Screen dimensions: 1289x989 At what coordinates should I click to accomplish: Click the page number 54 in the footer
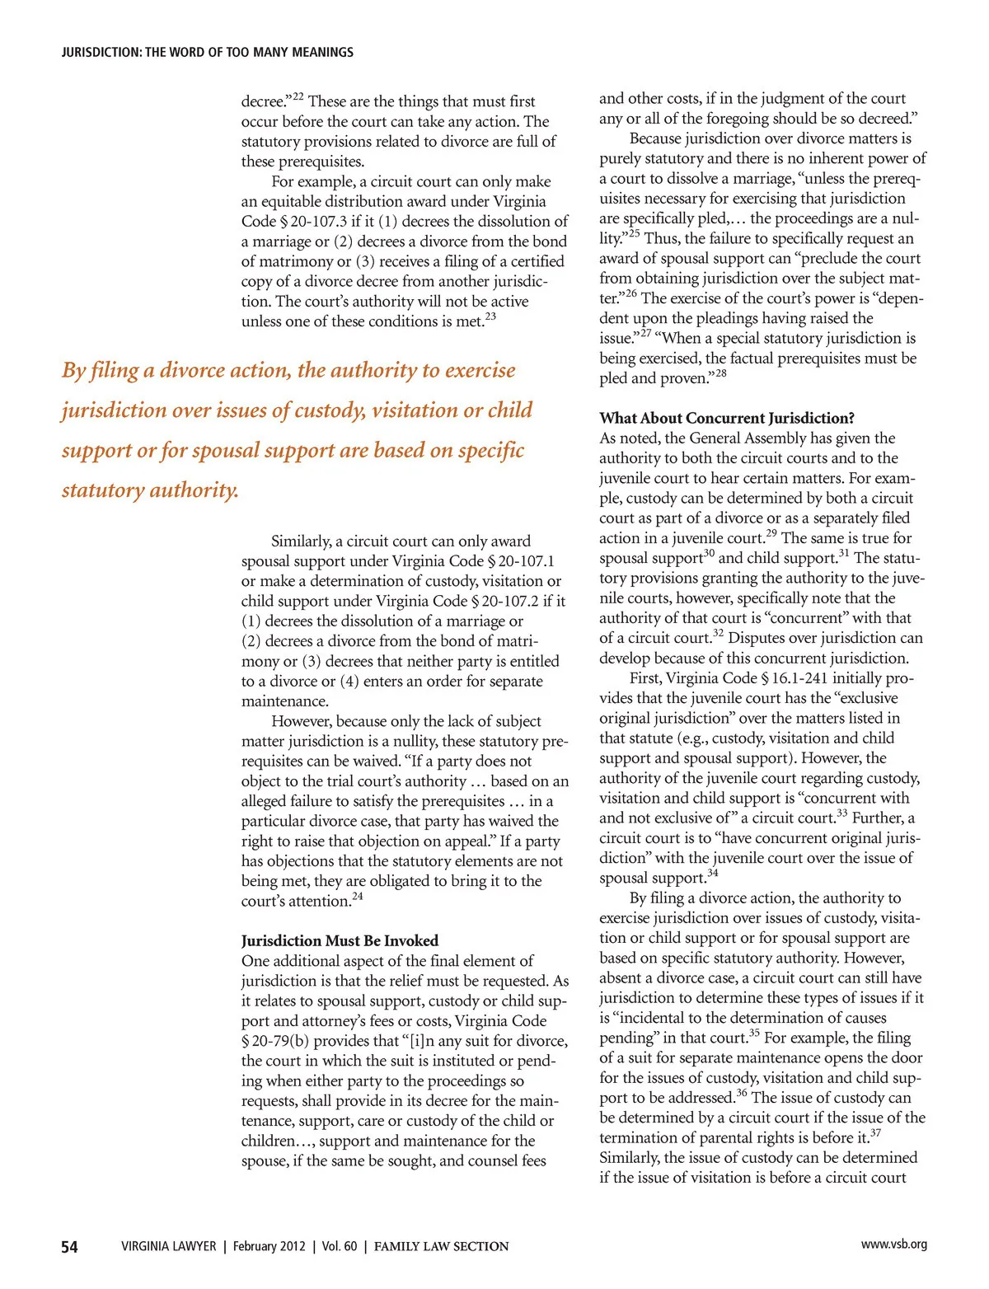70,1246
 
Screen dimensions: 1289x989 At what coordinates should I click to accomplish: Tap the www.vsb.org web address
893,1244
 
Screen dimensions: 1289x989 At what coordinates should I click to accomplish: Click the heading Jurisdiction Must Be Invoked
340,940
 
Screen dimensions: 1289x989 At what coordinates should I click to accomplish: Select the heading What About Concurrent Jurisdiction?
727,418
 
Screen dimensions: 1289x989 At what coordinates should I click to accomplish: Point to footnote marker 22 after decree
298,97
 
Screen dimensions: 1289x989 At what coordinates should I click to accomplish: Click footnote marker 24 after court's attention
357,897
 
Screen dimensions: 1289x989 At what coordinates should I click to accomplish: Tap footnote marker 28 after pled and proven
720,373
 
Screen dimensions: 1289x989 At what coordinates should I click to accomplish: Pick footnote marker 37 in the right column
875,1133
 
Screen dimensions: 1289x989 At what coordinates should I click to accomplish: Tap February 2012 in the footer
269,1246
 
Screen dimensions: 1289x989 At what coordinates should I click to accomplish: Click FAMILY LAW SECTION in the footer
441,1246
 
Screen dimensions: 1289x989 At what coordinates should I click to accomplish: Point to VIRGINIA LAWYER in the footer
168,1246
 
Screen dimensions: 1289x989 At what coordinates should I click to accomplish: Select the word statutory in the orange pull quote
102,490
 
